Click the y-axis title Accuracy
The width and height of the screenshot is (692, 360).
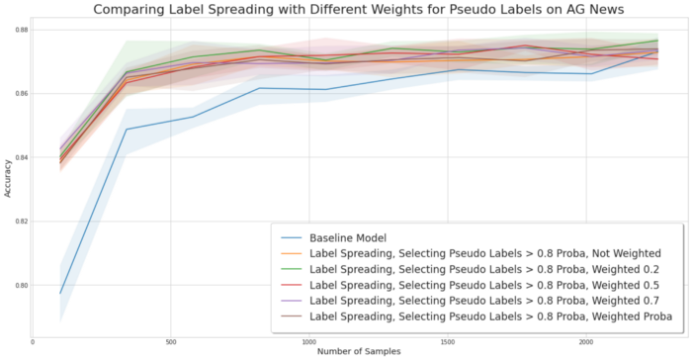point(9,178)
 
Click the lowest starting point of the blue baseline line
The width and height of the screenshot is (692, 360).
point(61,294)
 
